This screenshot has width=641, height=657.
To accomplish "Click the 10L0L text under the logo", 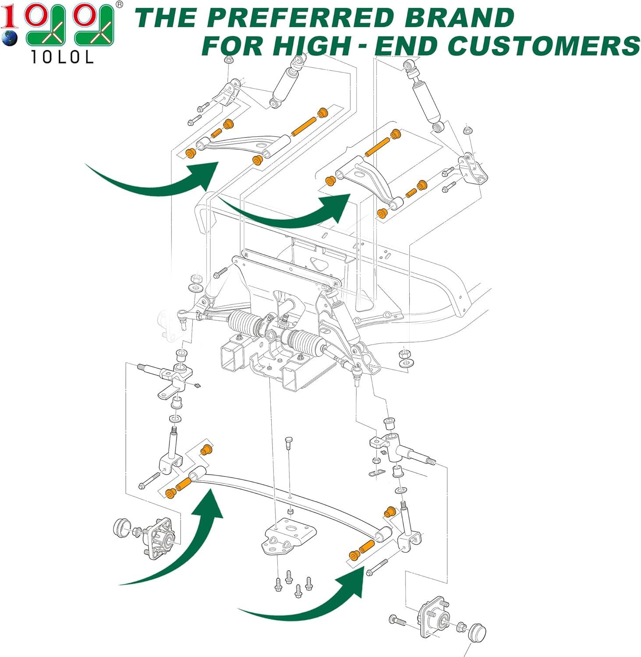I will tap(62, 57).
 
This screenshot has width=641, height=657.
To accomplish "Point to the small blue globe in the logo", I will tap(9, 38).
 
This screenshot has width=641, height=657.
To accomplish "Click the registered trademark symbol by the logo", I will tap(119, 4).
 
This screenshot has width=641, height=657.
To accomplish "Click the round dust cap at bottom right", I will tap(476, 633).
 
